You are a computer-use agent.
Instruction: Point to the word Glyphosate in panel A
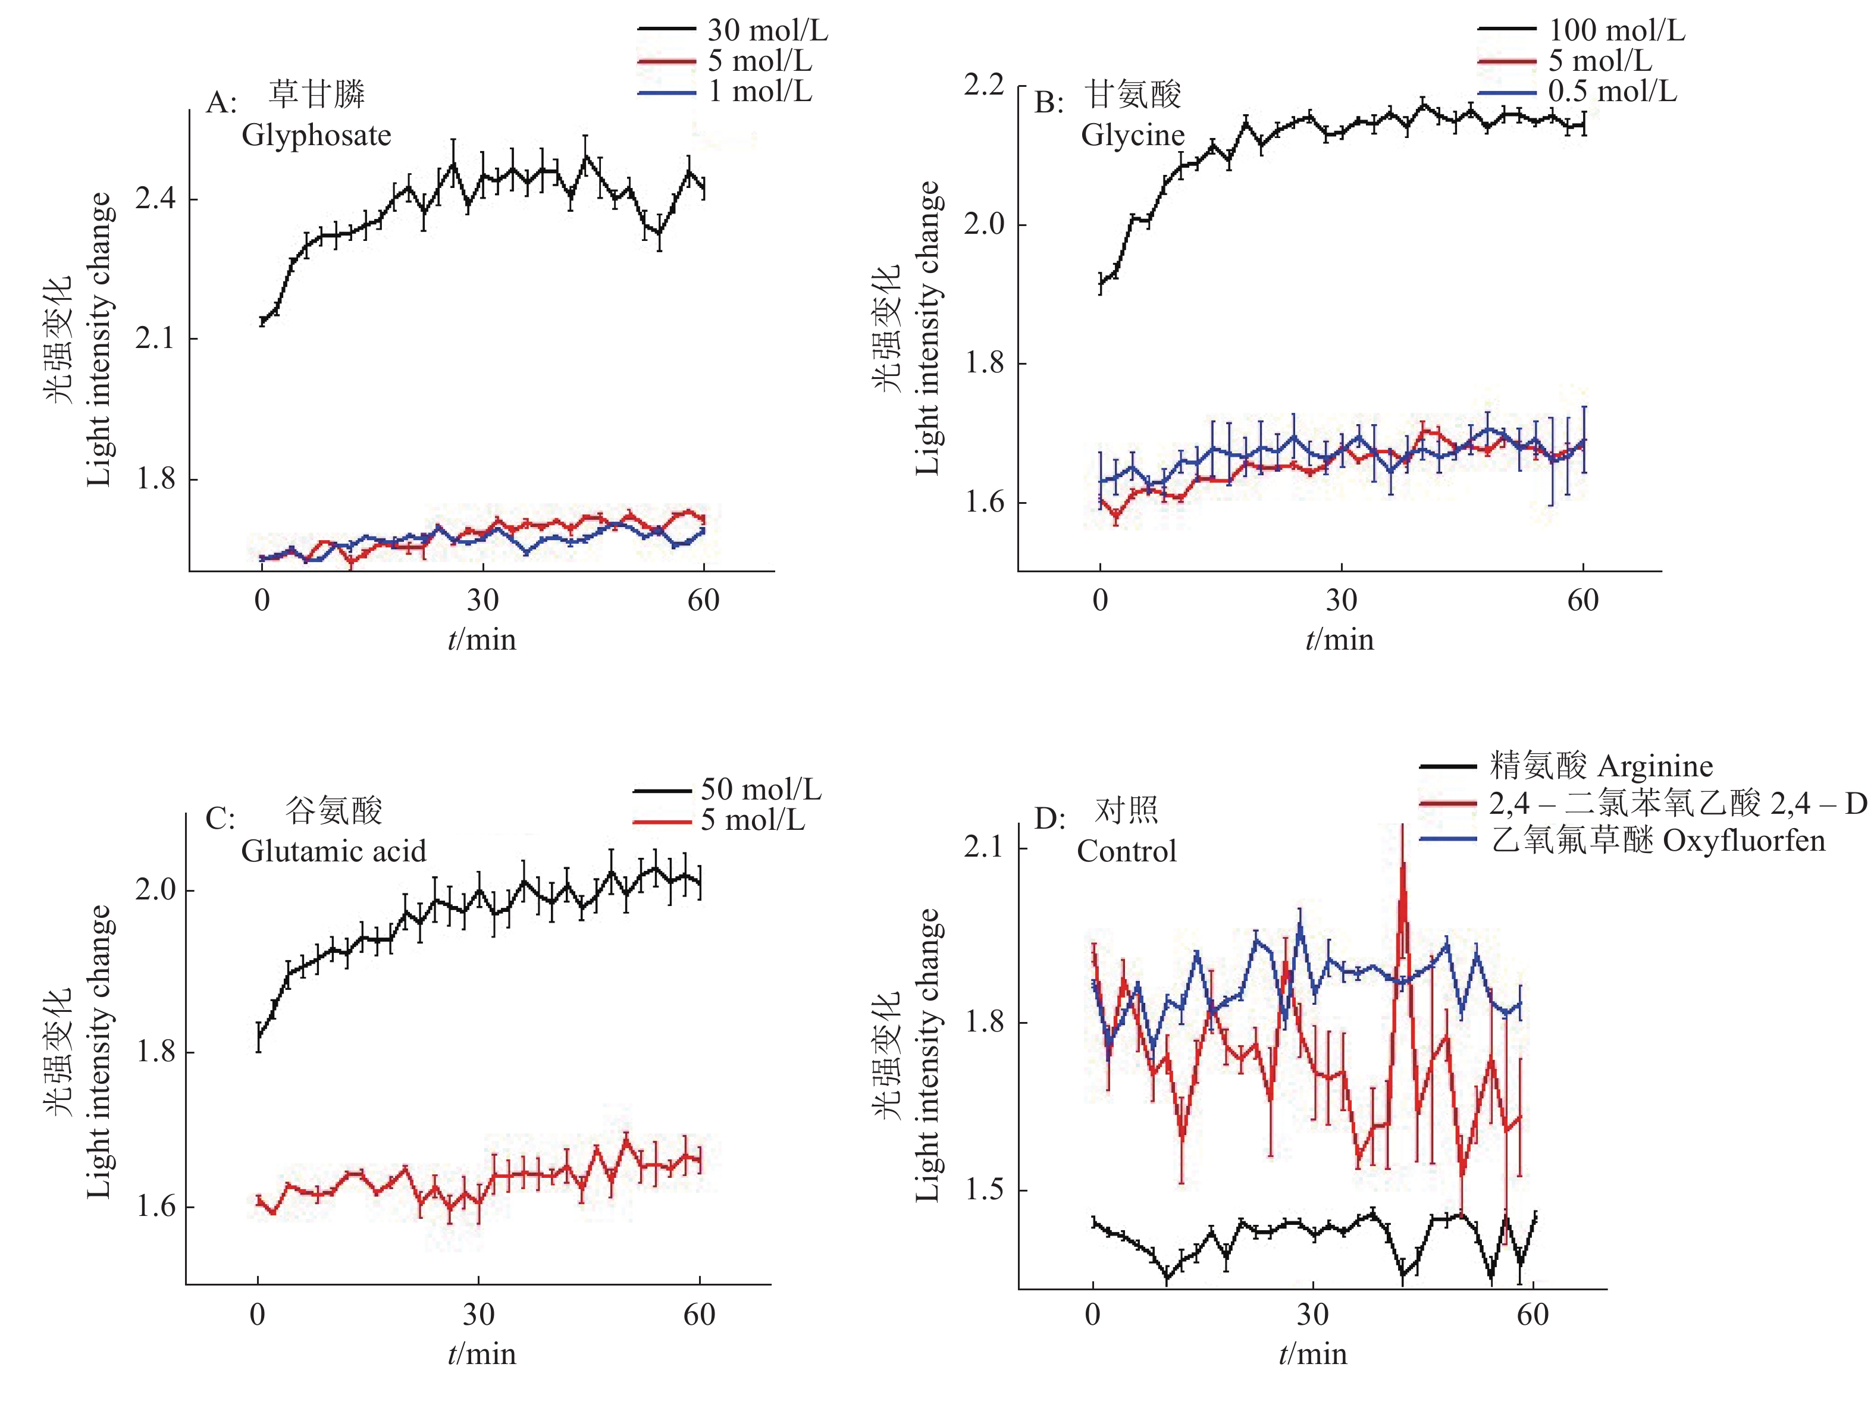(316, 134)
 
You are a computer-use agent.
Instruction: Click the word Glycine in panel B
(1133, 134)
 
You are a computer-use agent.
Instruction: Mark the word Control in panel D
(1126, 850)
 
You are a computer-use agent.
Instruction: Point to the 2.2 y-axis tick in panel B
(983, 84)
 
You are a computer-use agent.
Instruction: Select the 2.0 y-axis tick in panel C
(156, 889)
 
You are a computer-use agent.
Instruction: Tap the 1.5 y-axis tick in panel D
(983, 1189)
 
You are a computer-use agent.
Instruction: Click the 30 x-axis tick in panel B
(1341, 600)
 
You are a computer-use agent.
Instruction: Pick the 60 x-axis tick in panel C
(700, 1315)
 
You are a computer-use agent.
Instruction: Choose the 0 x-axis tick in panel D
(1093, 1315)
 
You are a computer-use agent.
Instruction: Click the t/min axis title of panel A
(481, 639)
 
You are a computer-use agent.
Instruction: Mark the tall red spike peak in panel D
(1402, 866)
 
